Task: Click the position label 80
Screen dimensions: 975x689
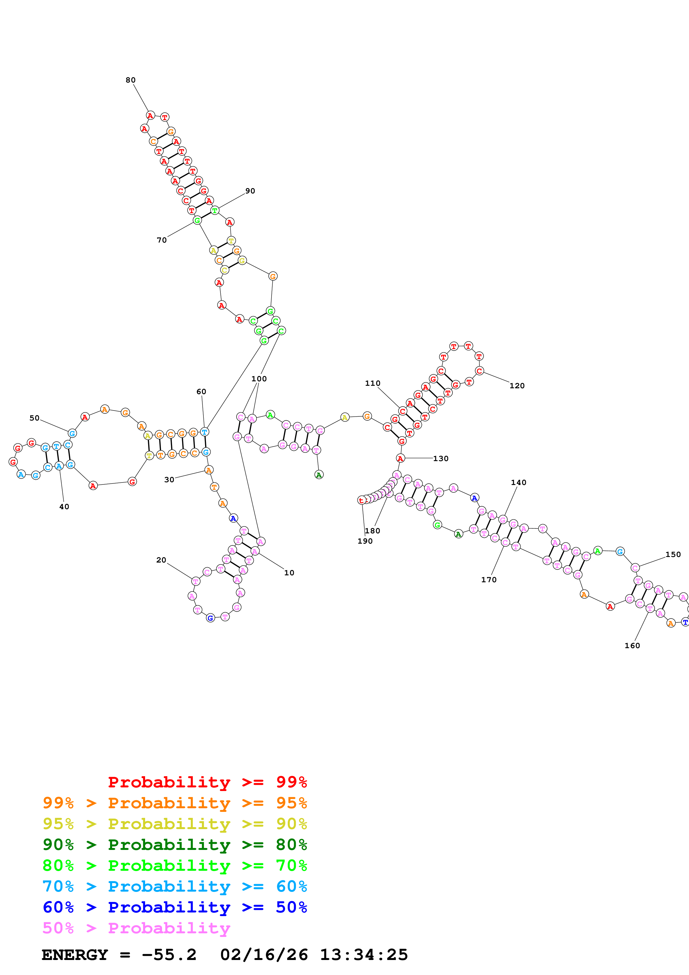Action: (x=130, y=80)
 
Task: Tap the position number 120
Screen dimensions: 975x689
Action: (x=517, y=385)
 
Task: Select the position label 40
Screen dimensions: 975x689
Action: (x=64, y=507)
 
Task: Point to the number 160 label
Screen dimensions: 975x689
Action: (x=632, y=645)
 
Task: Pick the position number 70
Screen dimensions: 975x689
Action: (x=162, y=240)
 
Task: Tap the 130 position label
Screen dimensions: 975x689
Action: (x=441, y=459)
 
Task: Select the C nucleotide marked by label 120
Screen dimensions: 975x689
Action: (x=479, y=371)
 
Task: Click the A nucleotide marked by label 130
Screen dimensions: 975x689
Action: (x=400, y=458)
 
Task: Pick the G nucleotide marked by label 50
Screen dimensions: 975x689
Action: (x=72, y=433)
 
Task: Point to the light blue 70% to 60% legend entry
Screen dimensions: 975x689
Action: (x=175, y=886)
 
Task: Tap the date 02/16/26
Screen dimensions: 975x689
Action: (x=264, y=955)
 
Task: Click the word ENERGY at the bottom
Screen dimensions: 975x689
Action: (x=75, y=955)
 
